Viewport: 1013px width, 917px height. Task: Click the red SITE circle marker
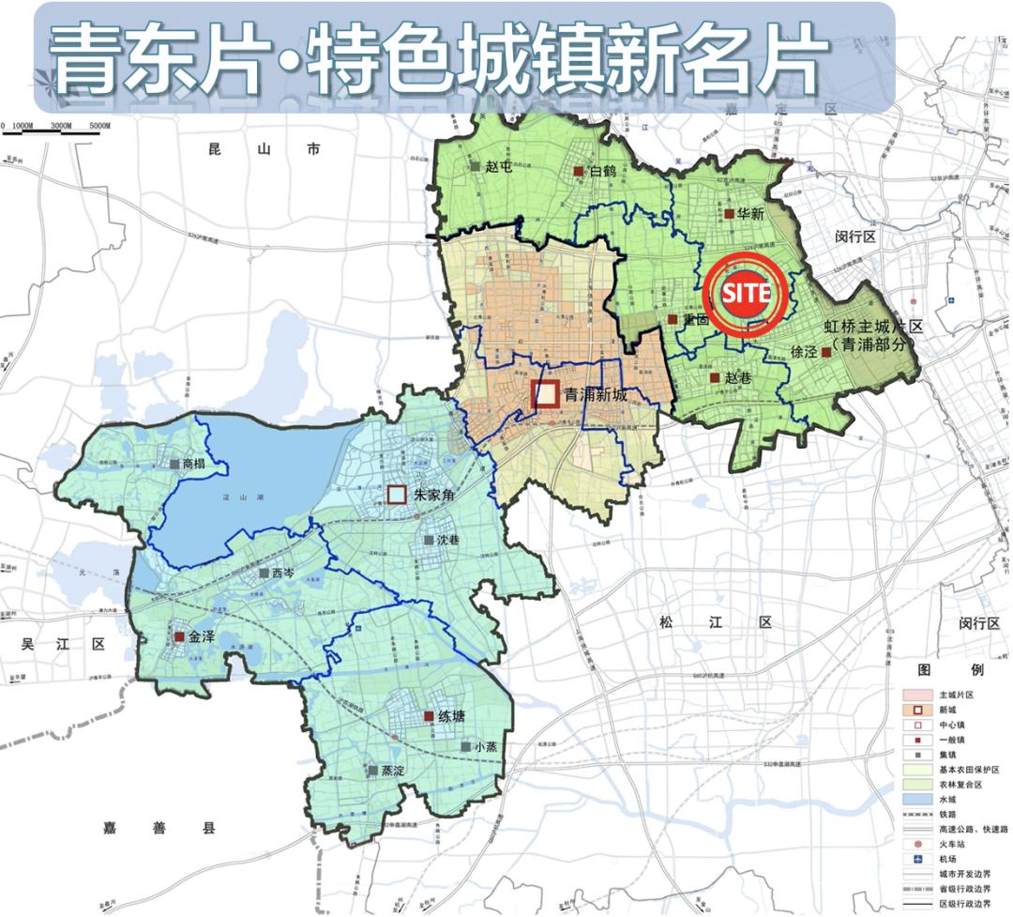pos(748,294)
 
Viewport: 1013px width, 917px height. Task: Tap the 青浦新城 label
pos(596,395)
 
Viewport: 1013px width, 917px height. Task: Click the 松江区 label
pos(715,622)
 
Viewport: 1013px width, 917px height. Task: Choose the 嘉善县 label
pos(159,828)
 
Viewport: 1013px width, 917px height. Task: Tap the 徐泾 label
pos(804,353)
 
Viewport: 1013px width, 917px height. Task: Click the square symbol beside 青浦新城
pos(546,394)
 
